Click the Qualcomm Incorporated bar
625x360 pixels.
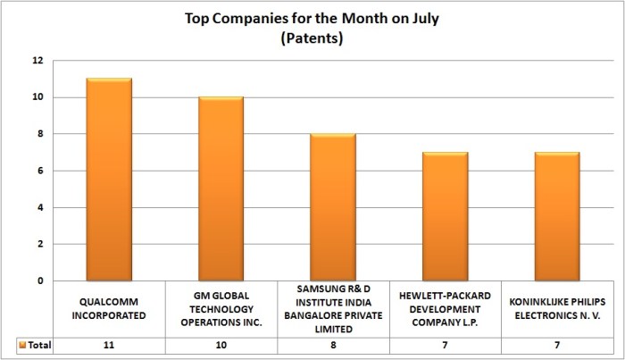tap(110, 180)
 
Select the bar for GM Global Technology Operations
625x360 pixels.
tap(221, 188)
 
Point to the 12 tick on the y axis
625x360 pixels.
tap(37, 61)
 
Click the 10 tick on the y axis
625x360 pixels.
tap(37, 97)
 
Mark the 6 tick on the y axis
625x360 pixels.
tap(39, 171)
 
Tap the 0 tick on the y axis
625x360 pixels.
tap(39, 280)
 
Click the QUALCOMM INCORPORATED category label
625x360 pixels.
tap(110, 308)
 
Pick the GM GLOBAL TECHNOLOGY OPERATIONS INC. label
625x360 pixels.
tap(221, 308)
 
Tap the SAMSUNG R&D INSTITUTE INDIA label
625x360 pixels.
tap(333, 308)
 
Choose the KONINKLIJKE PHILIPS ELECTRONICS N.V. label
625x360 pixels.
tap(557, 308)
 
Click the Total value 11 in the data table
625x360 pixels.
tap(110, 345)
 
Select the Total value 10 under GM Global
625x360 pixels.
tap(221, 345)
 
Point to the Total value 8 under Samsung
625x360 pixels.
tap(333, 345)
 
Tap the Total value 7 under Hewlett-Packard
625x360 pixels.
tap(445, 345)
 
